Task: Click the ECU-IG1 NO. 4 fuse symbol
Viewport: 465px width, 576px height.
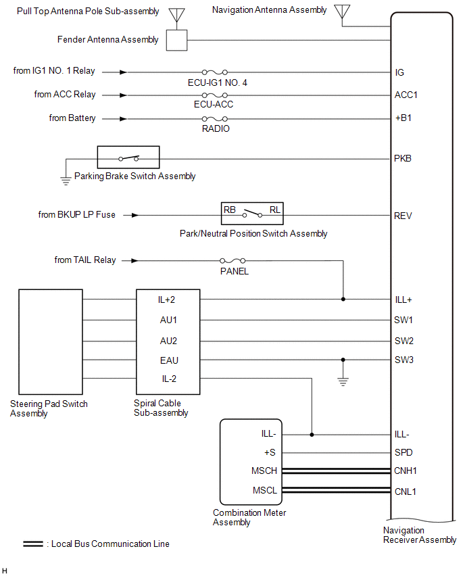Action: coord(214,72)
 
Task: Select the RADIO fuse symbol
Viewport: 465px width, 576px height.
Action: coord(214,118)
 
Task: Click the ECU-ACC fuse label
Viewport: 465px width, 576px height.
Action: coord(214,105)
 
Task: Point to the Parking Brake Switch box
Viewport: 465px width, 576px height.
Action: coord(128,158)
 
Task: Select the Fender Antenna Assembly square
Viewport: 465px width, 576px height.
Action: coord(176,40)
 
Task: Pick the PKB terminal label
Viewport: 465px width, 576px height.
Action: coord(403,159)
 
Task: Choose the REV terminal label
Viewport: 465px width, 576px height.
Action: coord(403,216)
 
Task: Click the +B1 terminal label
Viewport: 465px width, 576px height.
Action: coord(403,118)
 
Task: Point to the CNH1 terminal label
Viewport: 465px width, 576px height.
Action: coord(406,471)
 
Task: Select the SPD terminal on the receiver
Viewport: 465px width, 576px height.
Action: coord(403,453)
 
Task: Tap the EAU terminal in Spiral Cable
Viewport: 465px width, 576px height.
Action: coord(169,360)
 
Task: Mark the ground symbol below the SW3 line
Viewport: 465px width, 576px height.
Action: coord(343,381)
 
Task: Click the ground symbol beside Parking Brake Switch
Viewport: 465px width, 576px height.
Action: coord(66,180)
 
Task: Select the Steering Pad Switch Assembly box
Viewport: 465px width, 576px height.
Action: coord(51,341)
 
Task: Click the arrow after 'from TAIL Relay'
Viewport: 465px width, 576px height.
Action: coord(134,260)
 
